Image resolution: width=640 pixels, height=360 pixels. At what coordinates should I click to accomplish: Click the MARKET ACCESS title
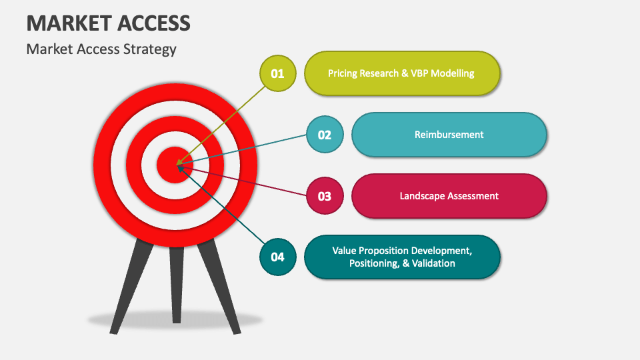pos(109,23)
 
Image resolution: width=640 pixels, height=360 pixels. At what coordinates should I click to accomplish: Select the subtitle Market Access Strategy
pos(101,49)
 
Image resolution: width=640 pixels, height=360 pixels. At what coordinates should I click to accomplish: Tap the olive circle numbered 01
pos(277,73)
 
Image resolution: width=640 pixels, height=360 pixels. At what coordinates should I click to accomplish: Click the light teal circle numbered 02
pos(325,135)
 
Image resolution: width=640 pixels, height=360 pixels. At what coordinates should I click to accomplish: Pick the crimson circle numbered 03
pos(325,196)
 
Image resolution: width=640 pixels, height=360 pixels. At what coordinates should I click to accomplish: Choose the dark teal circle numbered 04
pos(277,257)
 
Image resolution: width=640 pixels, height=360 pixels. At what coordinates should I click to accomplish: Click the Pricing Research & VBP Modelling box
pos(401,73)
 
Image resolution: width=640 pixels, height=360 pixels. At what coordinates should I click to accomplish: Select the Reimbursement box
pos(449,135)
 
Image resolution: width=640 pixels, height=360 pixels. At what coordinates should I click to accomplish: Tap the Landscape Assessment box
pos(449,196)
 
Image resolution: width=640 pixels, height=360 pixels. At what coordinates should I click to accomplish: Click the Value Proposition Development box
pos(401,257)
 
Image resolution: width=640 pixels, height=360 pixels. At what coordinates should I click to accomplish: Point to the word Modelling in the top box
pos(453,73)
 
